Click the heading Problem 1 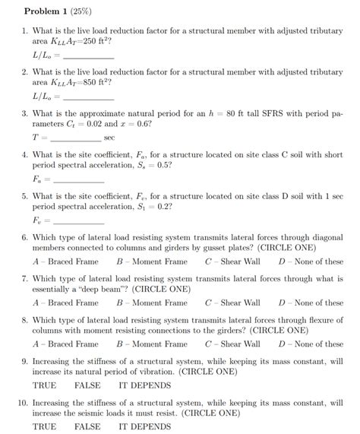(x=47, y=11)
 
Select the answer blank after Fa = (x=78, y=181)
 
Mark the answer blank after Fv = (x=78, y=222)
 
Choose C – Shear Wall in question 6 (x=232, y=261)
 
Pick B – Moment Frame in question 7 (x=152, y=303)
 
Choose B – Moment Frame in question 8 (x=152, y=344)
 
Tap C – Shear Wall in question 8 (x=232, y=344)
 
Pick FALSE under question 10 (x=87, y=426)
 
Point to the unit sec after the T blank (x=109, y=138)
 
